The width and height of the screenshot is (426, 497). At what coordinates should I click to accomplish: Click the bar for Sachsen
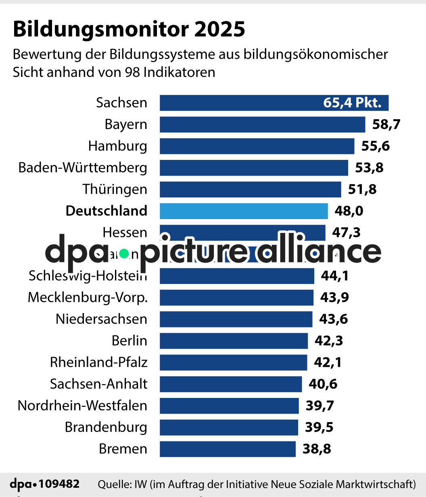242,103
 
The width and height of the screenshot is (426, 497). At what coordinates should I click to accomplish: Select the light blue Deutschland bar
244,211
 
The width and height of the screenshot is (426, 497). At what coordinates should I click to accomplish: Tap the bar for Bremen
228,449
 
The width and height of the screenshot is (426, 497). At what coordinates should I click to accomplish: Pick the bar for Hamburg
257,146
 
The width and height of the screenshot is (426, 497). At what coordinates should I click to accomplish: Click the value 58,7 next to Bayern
386,124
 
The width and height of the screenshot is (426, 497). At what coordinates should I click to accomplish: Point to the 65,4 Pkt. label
352,103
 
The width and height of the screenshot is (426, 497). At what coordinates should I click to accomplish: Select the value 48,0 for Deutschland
349,211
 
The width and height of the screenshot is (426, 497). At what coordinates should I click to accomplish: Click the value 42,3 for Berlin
329,341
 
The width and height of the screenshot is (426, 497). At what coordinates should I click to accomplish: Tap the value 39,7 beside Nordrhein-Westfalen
319,406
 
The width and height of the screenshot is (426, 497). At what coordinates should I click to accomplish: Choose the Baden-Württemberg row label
83,168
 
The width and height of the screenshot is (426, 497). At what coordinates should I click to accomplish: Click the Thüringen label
115,189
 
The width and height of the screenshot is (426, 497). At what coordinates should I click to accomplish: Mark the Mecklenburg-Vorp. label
88,298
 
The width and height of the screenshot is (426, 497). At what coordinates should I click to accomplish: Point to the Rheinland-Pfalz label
98,362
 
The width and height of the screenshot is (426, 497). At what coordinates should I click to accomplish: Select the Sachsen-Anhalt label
98,384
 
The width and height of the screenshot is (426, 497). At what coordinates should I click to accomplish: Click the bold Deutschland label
106,211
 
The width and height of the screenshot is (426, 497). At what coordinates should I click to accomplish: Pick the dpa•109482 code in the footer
44,484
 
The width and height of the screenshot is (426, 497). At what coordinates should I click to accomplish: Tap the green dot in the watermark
124,253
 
